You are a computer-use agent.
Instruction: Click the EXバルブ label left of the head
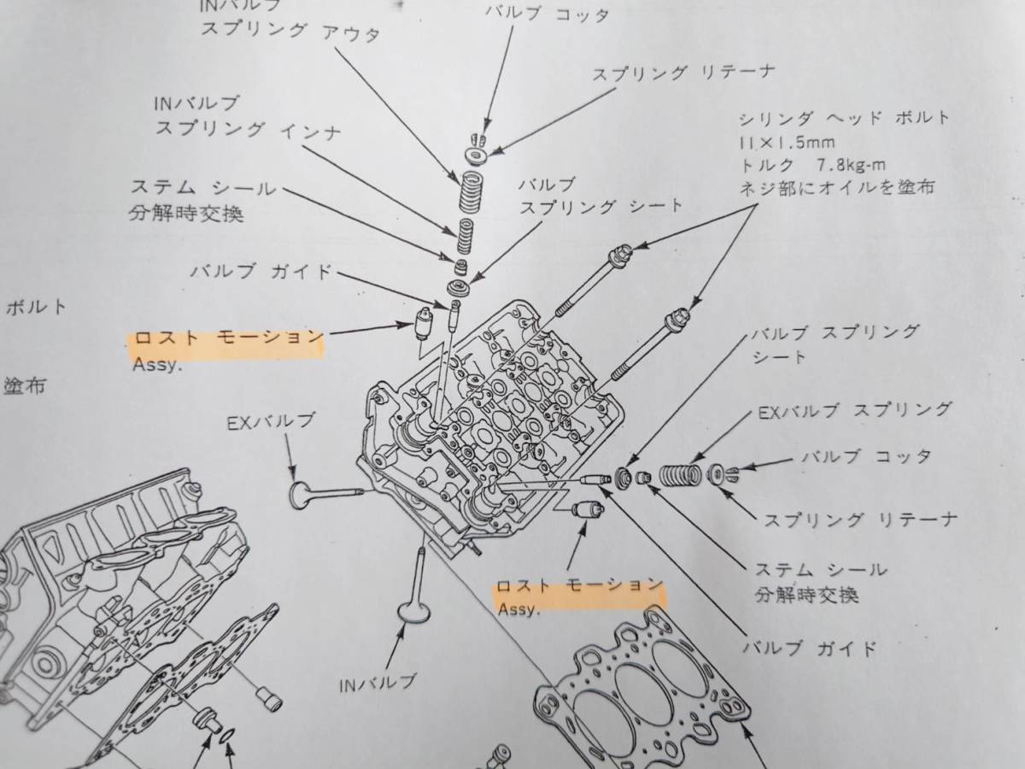269,422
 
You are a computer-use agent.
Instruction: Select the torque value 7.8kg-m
851,164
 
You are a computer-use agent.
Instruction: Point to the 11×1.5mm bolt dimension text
787,142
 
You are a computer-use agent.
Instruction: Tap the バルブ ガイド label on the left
261,271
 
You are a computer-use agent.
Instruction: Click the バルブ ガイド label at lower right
809,648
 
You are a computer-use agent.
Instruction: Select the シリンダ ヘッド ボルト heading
843,119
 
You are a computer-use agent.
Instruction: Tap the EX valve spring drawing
681,475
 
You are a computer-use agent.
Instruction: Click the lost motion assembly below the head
588,509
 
